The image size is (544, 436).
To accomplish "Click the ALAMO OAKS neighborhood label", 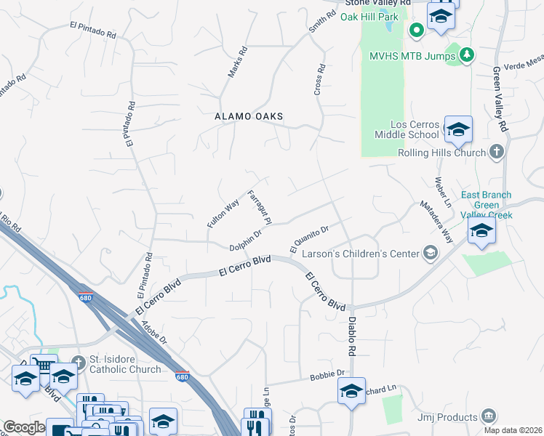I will [x=248, y=116].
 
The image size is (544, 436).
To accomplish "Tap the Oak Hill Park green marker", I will [x=416, y=30].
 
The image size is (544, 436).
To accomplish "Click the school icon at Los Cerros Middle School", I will [x=458, y=130].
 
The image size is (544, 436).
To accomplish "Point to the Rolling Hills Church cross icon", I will [x=497, y=152].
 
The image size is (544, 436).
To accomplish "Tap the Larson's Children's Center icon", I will [x=430, y=253].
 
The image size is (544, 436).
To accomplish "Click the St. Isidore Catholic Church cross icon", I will [x=80, y=361].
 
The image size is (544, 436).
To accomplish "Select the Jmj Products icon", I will [x=488, y=416].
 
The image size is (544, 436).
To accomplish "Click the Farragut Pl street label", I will [x=260, y=208].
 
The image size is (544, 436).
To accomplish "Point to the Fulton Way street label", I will [x=223, y=214].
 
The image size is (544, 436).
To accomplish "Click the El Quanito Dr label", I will [x=310, y=238].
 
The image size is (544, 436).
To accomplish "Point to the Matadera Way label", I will [x=436, y=222].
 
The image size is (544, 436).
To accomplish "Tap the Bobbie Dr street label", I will [x=330, y=374].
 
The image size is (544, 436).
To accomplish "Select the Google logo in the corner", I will [x=24, y=427].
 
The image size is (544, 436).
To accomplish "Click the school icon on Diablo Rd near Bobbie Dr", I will [x=351, y=391].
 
